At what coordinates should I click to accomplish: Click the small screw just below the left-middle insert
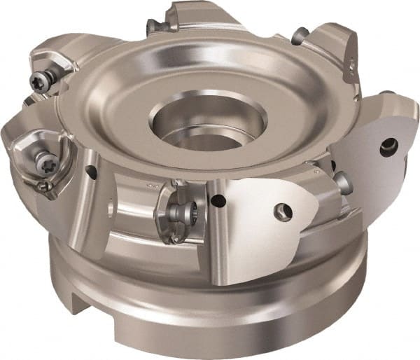click(x=43, y=186)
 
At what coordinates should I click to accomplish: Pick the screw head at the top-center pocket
click(x=152, y=27)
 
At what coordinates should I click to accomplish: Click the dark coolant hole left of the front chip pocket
click(x=218, y=201)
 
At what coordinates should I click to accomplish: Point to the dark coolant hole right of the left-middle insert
click(x=92, y=172)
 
